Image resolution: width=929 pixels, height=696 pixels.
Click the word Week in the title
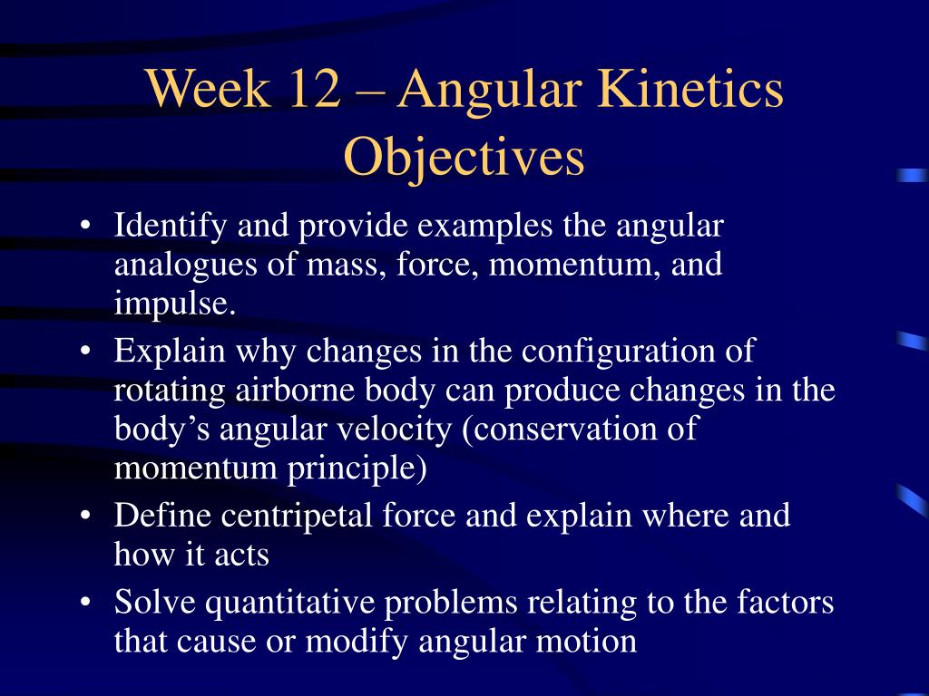click(x=208, y=88)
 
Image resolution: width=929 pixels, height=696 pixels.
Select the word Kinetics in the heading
click(x=690, y=88)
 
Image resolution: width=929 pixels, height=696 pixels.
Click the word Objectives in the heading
click(x=464, y=158)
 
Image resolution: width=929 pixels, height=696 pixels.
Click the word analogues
click(x=185, y=266)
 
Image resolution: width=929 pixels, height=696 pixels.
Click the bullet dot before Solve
click(x=86, y=603)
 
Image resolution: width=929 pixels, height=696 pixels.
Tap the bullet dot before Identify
click(x=86, y=226)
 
